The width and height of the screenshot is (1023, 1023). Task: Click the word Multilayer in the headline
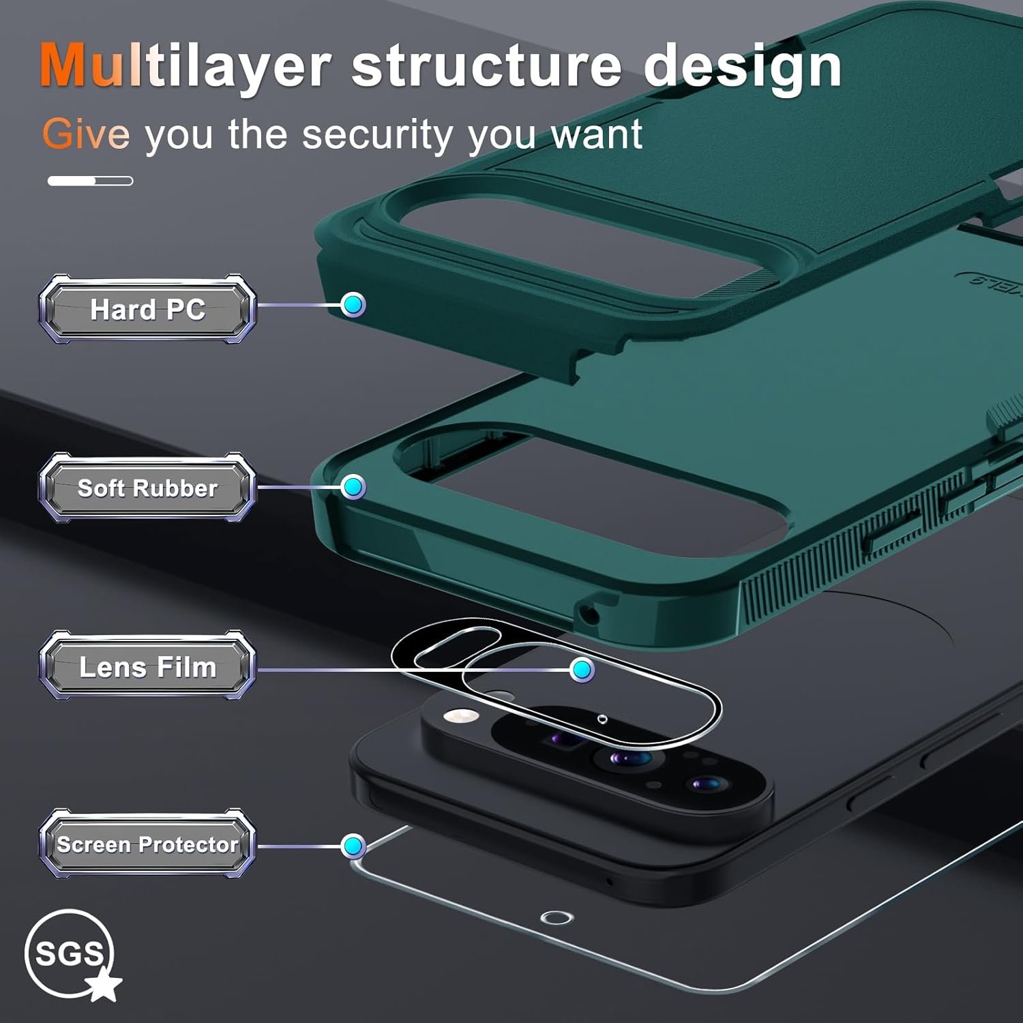tap(184, 66)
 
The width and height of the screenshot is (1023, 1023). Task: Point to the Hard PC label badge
tap(147, 309)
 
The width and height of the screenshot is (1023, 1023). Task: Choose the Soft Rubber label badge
tap(147, 488)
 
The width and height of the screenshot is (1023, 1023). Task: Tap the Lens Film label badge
tap(147, 666)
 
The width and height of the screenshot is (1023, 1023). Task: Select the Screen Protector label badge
tap(147, 844)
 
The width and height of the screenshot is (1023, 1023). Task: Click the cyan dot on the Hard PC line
tap(353, 304)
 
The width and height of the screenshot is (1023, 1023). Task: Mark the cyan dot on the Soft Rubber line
tap(353, 486)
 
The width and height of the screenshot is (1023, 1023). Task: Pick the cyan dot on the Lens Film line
tap(581, 670)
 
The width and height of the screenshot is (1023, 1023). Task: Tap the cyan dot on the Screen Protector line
tap(353, 846)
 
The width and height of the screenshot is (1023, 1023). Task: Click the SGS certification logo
tap(70, 953)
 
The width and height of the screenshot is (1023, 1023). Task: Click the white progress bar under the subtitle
tap(90, 181)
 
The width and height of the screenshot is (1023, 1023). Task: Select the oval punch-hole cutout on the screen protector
tap(557, 917)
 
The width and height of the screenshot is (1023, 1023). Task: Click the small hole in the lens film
tap(602, 719)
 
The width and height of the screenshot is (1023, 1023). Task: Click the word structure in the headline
tap(486, 66)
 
